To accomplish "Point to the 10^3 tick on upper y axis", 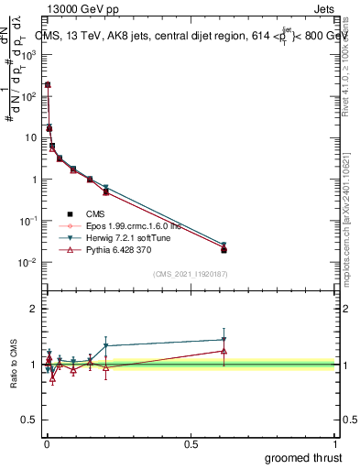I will coord(27,54).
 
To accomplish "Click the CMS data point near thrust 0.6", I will coord(224,249).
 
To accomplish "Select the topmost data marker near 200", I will coord(48,84).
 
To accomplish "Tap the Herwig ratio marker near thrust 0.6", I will coord(224,340).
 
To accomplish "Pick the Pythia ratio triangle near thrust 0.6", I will coord(224,351).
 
